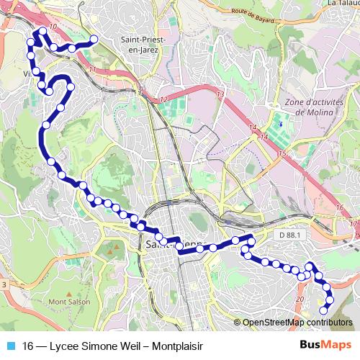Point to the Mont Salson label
coord(70,302)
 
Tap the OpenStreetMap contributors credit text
coord(297,323)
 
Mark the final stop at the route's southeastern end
coord(323,310)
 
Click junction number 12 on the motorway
coord(164,99)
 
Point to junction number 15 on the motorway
coord(284,154)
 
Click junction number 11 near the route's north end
coord(93,69)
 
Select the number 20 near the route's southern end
coord(300,299)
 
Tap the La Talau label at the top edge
coord(343,3)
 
